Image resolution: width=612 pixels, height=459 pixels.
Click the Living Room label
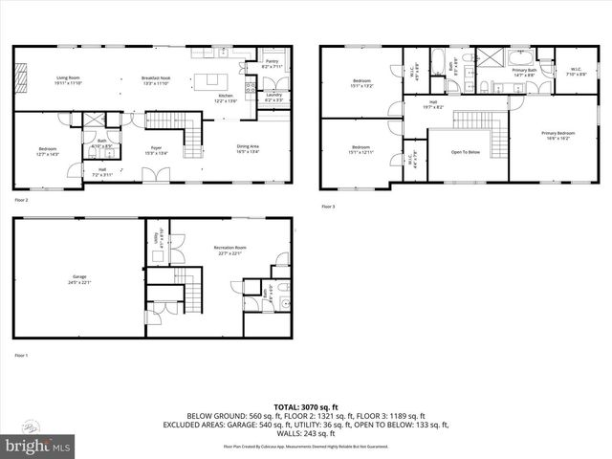point(68,79)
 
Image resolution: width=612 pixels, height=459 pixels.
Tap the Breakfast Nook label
point(156,79)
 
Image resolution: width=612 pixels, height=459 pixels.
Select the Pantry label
point(272,63)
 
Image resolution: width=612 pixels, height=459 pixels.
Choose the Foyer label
point(155,148)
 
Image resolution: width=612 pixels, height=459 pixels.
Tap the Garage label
point(77,280)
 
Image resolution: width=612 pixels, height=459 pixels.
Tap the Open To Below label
point(466,151)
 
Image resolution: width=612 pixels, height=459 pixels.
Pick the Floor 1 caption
point(21,355)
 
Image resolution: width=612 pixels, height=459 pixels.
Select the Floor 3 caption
point(328,207)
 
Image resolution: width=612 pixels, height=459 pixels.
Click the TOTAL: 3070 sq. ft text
point(306,408)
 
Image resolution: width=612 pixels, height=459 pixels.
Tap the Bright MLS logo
point(36,445)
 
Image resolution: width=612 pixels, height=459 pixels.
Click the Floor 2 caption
point(21,201)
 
